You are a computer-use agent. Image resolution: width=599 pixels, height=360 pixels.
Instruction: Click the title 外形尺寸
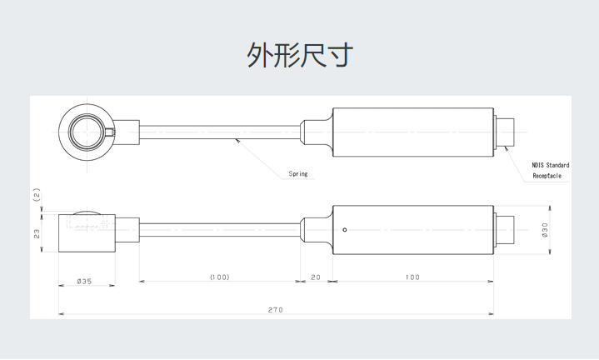(x=300, y=55)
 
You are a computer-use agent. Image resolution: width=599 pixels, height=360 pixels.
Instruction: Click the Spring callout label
(x=298, y=174)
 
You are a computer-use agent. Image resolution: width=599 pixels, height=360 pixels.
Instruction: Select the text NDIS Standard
(x=551, y=166)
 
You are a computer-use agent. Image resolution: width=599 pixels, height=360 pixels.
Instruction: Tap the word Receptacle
(x=547, y=177)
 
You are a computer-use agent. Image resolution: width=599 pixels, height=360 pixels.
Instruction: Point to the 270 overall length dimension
(x=276, y=310)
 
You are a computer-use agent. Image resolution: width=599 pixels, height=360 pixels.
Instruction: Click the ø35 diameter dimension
(x=84, y=282)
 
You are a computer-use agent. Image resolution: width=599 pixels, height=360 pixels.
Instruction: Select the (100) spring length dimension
(x=219, y=277)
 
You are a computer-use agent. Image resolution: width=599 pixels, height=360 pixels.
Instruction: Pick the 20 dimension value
(x=316, y=277)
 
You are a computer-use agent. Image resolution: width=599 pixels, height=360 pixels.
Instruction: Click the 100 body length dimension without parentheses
(x=412, y=277)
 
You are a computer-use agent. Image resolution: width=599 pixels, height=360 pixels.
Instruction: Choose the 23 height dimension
(x=37, y=234)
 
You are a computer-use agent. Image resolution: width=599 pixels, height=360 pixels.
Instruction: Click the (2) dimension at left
(x=37, y=196)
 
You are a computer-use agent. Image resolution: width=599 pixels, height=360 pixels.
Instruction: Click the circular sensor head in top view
(x=88, y=132)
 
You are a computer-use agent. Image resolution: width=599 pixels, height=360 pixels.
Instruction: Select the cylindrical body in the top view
(x=412, y=132)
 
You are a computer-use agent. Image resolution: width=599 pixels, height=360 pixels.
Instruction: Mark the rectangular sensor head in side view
(x=87, y=233)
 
